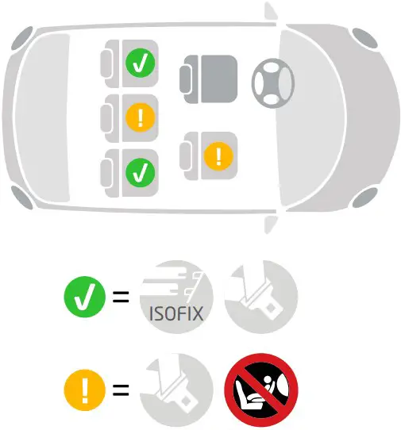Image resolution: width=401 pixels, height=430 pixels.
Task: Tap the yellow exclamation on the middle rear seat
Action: [141, 118]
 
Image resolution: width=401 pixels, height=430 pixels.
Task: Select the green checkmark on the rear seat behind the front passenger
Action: [141, 171]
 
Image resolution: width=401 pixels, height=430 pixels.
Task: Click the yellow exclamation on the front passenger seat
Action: [218, 155]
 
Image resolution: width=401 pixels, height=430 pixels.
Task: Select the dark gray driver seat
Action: [210, 78]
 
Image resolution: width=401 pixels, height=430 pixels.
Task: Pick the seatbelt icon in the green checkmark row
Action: [259, 298]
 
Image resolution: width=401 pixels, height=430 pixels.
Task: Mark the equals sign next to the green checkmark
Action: [121, 299]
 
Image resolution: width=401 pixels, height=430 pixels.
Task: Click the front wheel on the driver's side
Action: [366, 37]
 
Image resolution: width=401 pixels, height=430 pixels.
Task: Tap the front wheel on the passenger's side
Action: [366, 199]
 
